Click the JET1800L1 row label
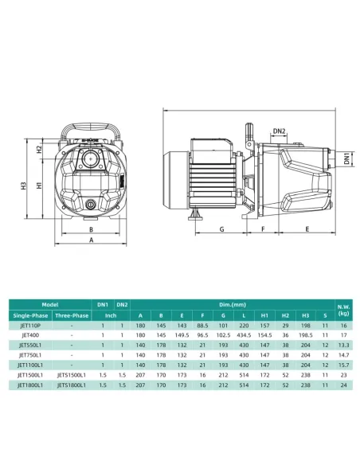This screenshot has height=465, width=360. [30, 385]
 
